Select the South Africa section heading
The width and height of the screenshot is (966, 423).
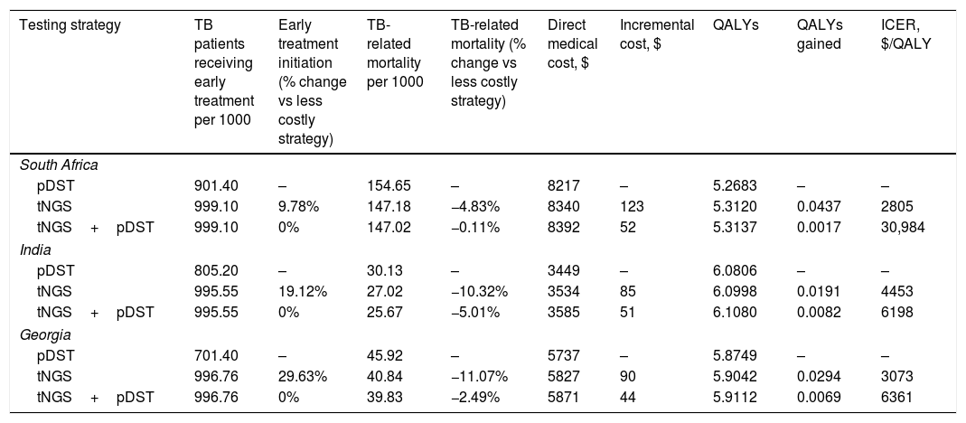[59, 164]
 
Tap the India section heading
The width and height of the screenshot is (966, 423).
[35, 249]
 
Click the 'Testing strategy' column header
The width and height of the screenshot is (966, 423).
[70, 25]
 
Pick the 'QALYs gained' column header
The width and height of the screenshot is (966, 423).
[820, 34]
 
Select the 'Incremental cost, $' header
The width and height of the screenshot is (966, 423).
[657, 34]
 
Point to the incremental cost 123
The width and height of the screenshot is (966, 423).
[632, 207]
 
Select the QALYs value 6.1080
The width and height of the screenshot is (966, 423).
[733, 312]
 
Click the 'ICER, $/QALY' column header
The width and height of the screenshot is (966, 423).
[906, 34]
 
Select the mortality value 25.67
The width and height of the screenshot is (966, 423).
[385, 312]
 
